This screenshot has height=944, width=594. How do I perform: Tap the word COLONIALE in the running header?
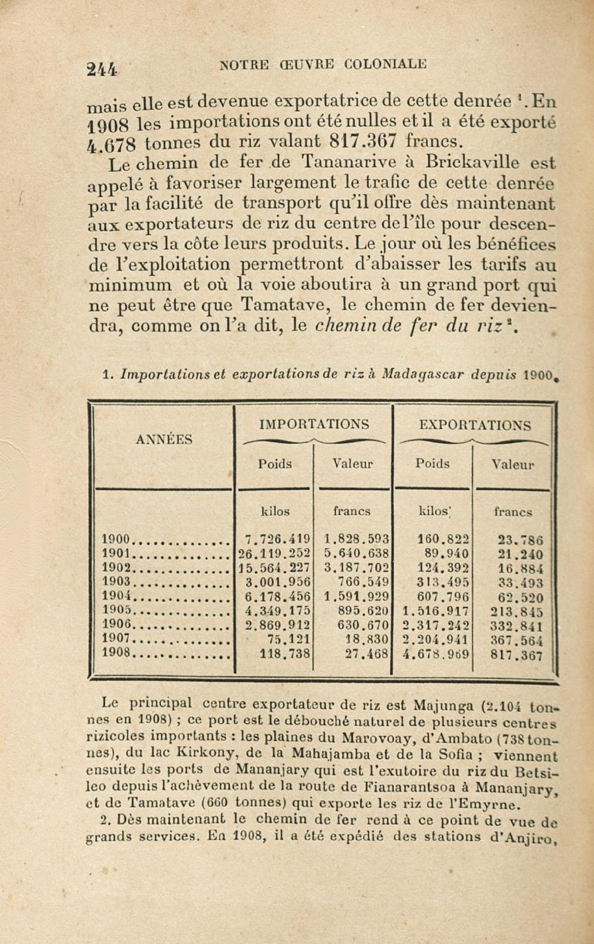coord(384,64)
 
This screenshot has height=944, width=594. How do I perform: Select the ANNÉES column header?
coord(164,440)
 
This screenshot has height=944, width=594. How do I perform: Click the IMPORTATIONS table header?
coord(314,424)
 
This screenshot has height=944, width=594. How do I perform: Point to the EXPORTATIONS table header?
coord(475,425)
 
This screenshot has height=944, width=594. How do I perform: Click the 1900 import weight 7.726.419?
coord(278,539)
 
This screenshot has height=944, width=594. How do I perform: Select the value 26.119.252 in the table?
coord(274,553)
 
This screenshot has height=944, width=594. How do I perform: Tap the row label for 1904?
coord(116,595)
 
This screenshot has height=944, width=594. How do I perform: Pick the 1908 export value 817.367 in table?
coord(516,655)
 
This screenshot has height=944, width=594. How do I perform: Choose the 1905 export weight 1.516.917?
coord(436,611)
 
